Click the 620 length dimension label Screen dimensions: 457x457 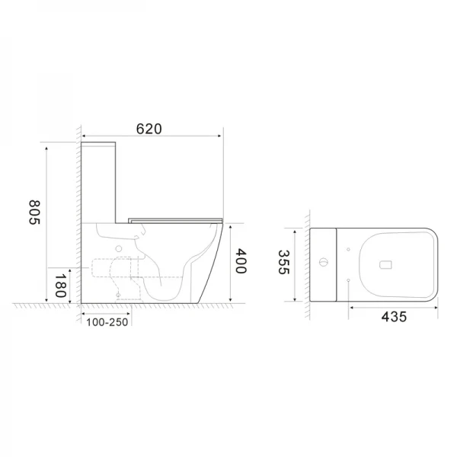click(149, 129)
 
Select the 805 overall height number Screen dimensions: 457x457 click(34, 212)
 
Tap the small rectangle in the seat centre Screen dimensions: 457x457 click(385, 264)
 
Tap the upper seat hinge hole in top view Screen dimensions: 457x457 click(347, 248)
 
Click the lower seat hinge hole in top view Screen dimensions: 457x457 click(347, 281)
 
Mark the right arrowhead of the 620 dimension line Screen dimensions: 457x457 click(222, 137)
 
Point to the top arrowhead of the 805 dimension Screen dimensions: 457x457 click(47, 143)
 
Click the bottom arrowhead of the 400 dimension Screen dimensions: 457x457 click(228, 301)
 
